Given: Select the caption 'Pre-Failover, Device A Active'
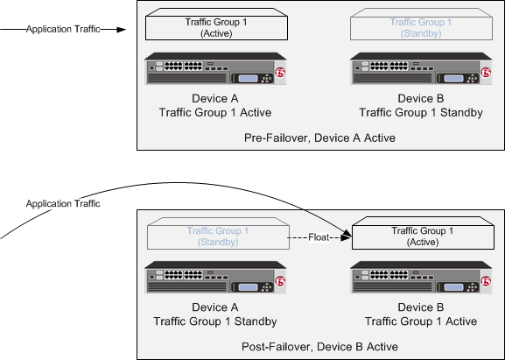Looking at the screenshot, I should (320, 138).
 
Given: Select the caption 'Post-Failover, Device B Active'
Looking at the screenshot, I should (320, 347).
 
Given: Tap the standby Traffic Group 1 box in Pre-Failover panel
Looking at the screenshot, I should (423, 25).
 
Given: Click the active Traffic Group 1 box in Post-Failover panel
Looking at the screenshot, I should (423, 235).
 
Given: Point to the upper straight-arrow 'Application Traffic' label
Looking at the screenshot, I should (62, 29).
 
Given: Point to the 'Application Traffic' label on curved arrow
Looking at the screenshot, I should (62, 203).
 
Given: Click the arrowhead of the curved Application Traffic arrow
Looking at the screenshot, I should (347, 232).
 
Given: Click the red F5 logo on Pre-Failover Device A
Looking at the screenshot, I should (282, 73).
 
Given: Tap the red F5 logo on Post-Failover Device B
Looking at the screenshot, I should (487, 282).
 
